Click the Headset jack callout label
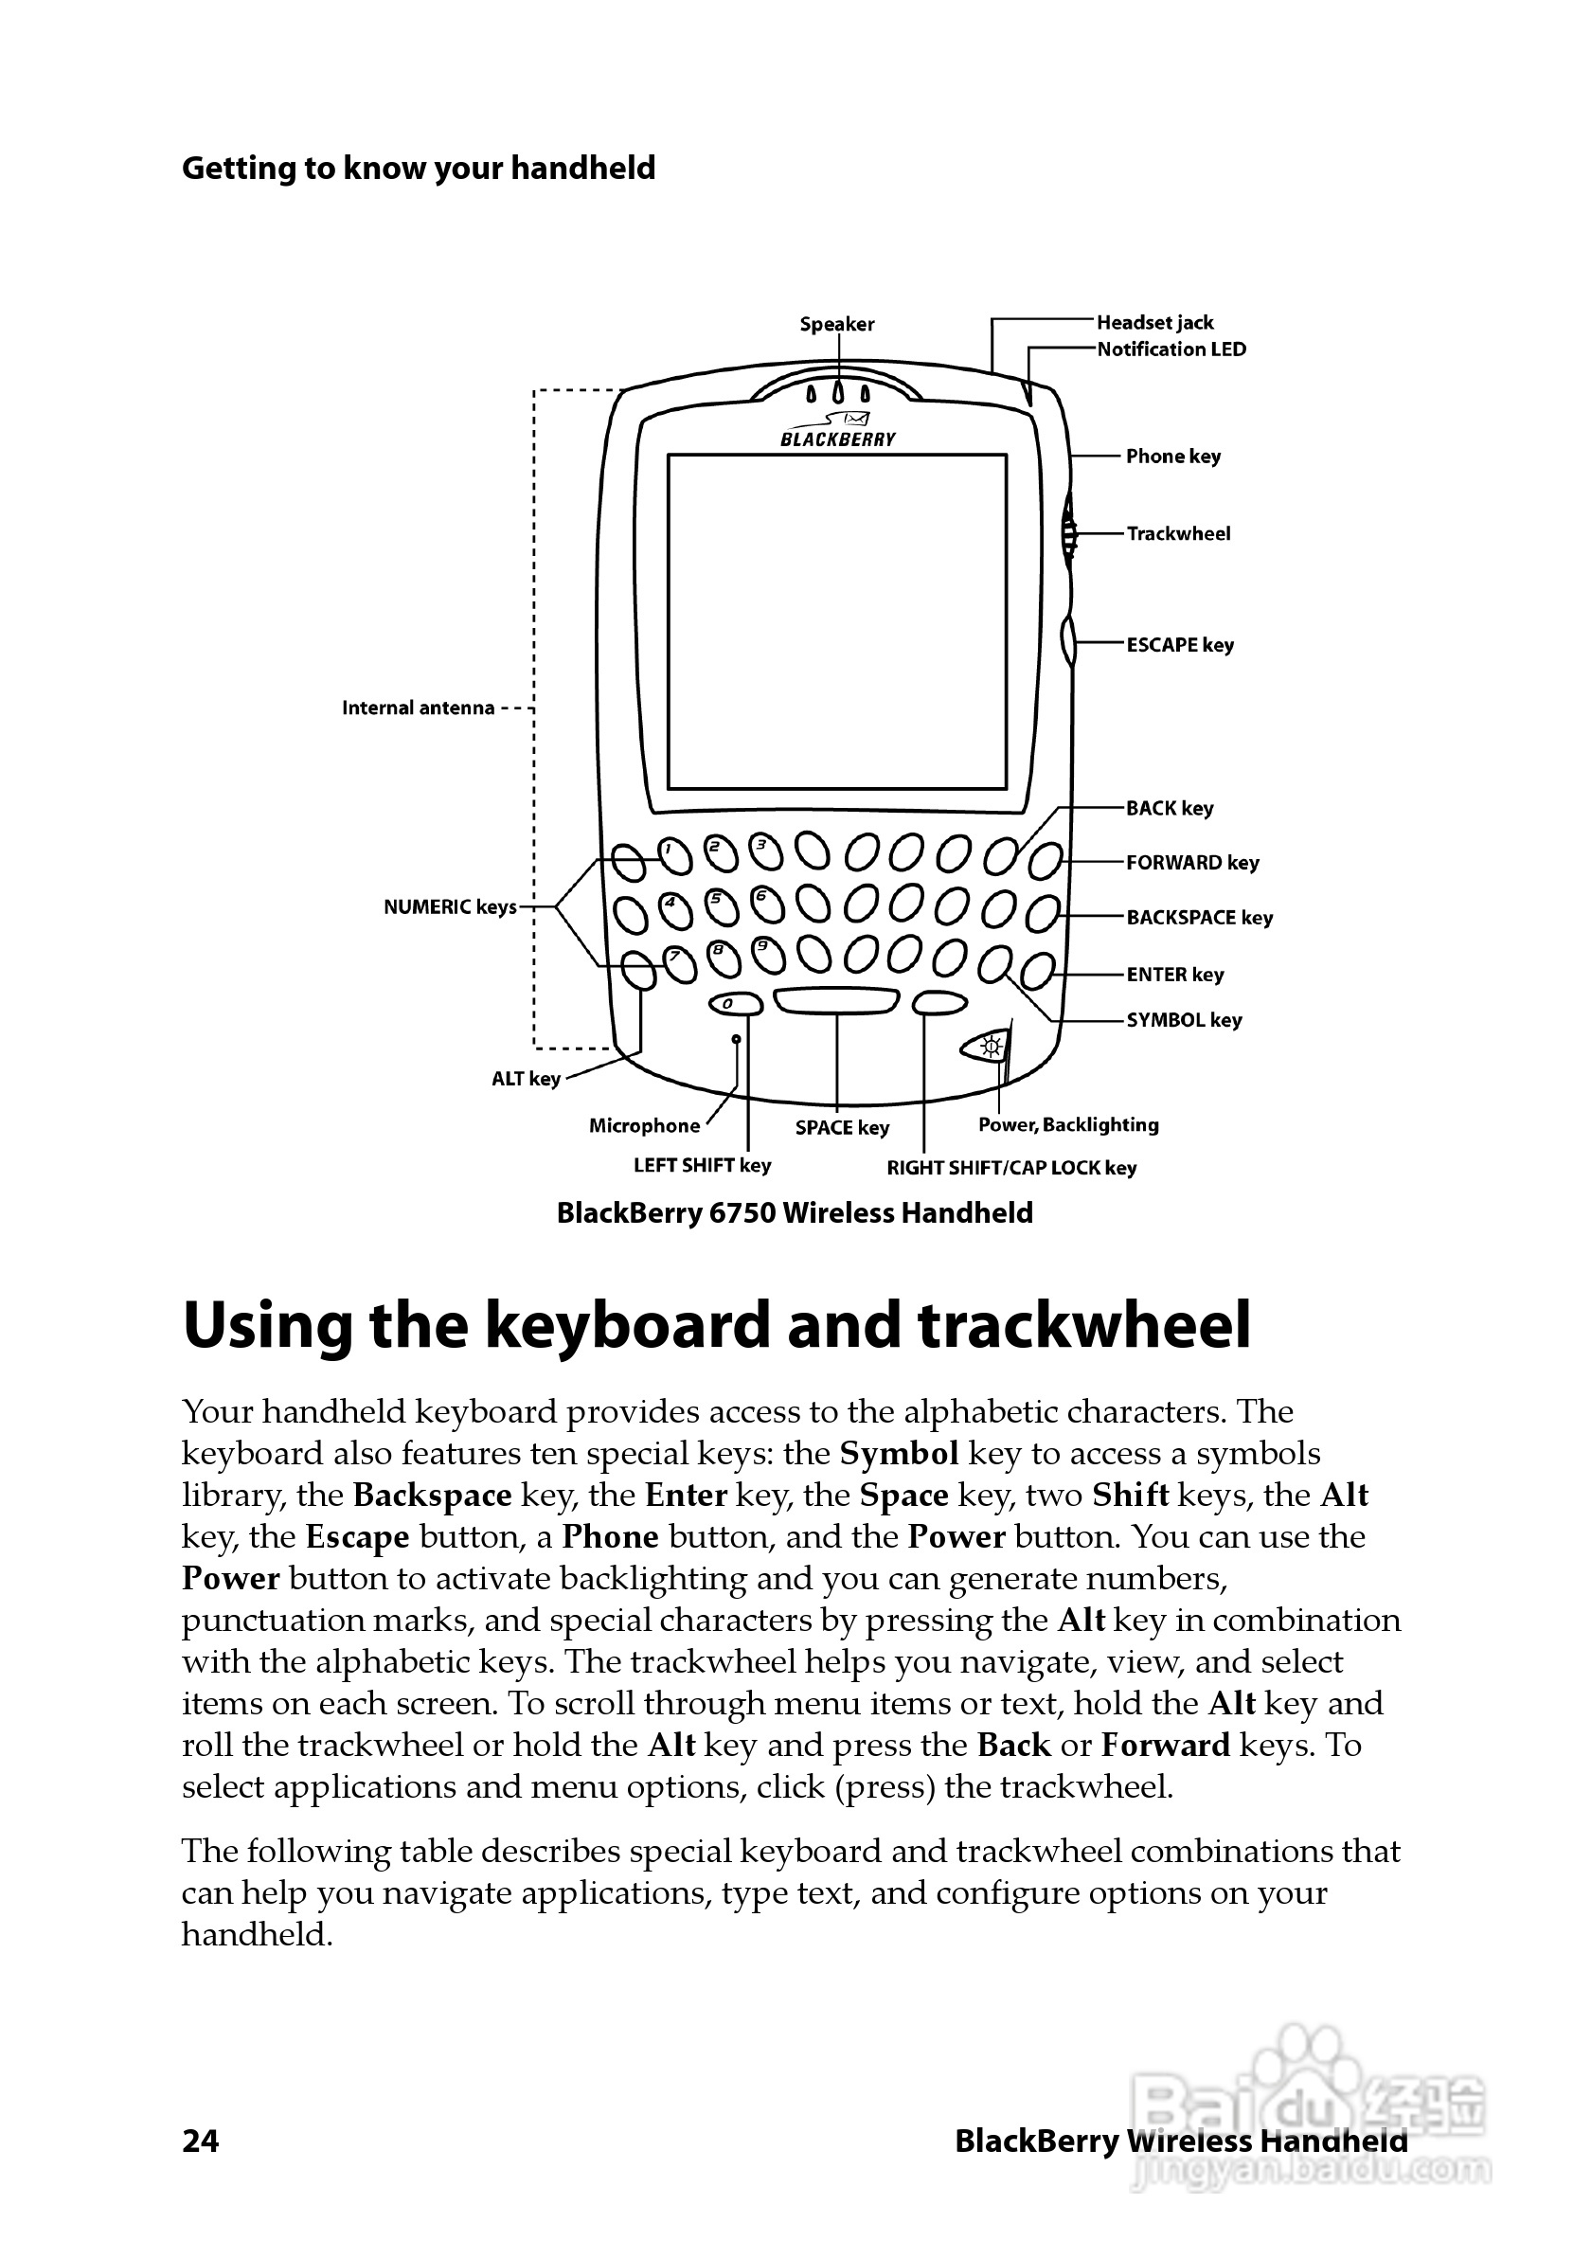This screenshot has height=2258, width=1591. pos(1154,323)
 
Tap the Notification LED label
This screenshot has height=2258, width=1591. pos(1171,349)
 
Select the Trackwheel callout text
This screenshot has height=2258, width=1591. pos(1178,534)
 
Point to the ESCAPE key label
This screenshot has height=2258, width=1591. pos(1180,645)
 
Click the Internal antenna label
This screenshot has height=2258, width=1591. pos(418,708)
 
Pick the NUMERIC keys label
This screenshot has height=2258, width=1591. pos(450,906)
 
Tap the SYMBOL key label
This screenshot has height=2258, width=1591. pos(1184,1020)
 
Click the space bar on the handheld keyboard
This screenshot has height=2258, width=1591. pos(836,1001)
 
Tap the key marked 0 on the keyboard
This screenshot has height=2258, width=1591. pos(735,1004)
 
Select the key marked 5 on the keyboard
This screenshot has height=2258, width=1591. pos(722,906)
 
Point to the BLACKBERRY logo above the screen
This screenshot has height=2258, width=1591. pos(838,439)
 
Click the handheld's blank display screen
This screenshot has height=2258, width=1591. pos(837,621)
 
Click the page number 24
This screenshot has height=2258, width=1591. pos(201,2141)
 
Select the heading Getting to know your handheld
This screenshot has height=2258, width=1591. pos(418,169)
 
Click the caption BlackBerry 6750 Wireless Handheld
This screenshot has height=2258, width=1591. pos(795,1212)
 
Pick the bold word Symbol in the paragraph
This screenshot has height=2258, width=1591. pos(899,1454)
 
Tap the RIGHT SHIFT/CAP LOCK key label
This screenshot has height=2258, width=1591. pos(1010,1169)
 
